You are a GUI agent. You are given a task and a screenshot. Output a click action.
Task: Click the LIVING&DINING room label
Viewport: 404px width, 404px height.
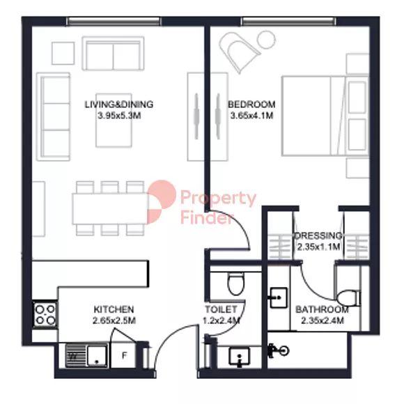tap(119, 104)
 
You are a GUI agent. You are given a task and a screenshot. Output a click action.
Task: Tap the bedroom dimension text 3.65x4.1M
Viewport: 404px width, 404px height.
tap(251, 116)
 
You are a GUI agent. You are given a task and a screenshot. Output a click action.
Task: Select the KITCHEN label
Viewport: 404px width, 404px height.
tap(114, 309)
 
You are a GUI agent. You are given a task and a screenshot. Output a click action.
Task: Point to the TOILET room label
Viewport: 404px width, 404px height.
tap(221, 309)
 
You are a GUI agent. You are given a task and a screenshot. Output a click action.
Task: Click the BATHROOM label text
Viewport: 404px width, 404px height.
tap(322, 309)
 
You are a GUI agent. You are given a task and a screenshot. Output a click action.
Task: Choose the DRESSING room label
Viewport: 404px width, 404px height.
tap(318, 235)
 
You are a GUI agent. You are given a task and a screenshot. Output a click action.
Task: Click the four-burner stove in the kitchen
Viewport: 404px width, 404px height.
tap(45, 314)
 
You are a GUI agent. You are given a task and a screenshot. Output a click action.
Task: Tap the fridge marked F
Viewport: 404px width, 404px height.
tap(124, 355)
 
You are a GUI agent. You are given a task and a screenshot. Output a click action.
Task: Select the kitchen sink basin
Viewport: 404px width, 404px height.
tap(97, 355)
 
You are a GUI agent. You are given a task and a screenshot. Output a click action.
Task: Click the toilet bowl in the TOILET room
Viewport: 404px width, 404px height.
tap(235, 284)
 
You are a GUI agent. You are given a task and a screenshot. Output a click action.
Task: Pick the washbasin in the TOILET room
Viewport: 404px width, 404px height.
tap(240, 357)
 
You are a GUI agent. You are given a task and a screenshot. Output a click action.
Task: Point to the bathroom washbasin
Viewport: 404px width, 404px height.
tap(278, 297)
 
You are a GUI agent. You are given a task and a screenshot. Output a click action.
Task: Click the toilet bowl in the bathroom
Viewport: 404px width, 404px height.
tap(348, 298)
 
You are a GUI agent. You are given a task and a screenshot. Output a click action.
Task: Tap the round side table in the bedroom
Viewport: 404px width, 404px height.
tap(266, 40)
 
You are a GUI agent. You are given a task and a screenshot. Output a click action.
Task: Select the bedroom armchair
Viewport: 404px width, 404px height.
tap(238, 52)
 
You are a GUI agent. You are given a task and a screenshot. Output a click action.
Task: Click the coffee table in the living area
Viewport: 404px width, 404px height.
tap(114, 121)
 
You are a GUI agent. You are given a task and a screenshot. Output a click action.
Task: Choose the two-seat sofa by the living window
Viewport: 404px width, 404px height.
tap(113, 54)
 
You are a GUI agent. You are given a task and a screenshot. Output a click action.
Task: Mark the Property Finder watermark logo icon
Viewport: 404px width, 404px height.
tap(162, 202)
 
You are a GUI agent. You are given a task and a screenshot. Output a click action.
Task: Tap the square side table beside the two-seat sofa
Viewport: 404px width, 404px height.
tap(63, 54)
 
